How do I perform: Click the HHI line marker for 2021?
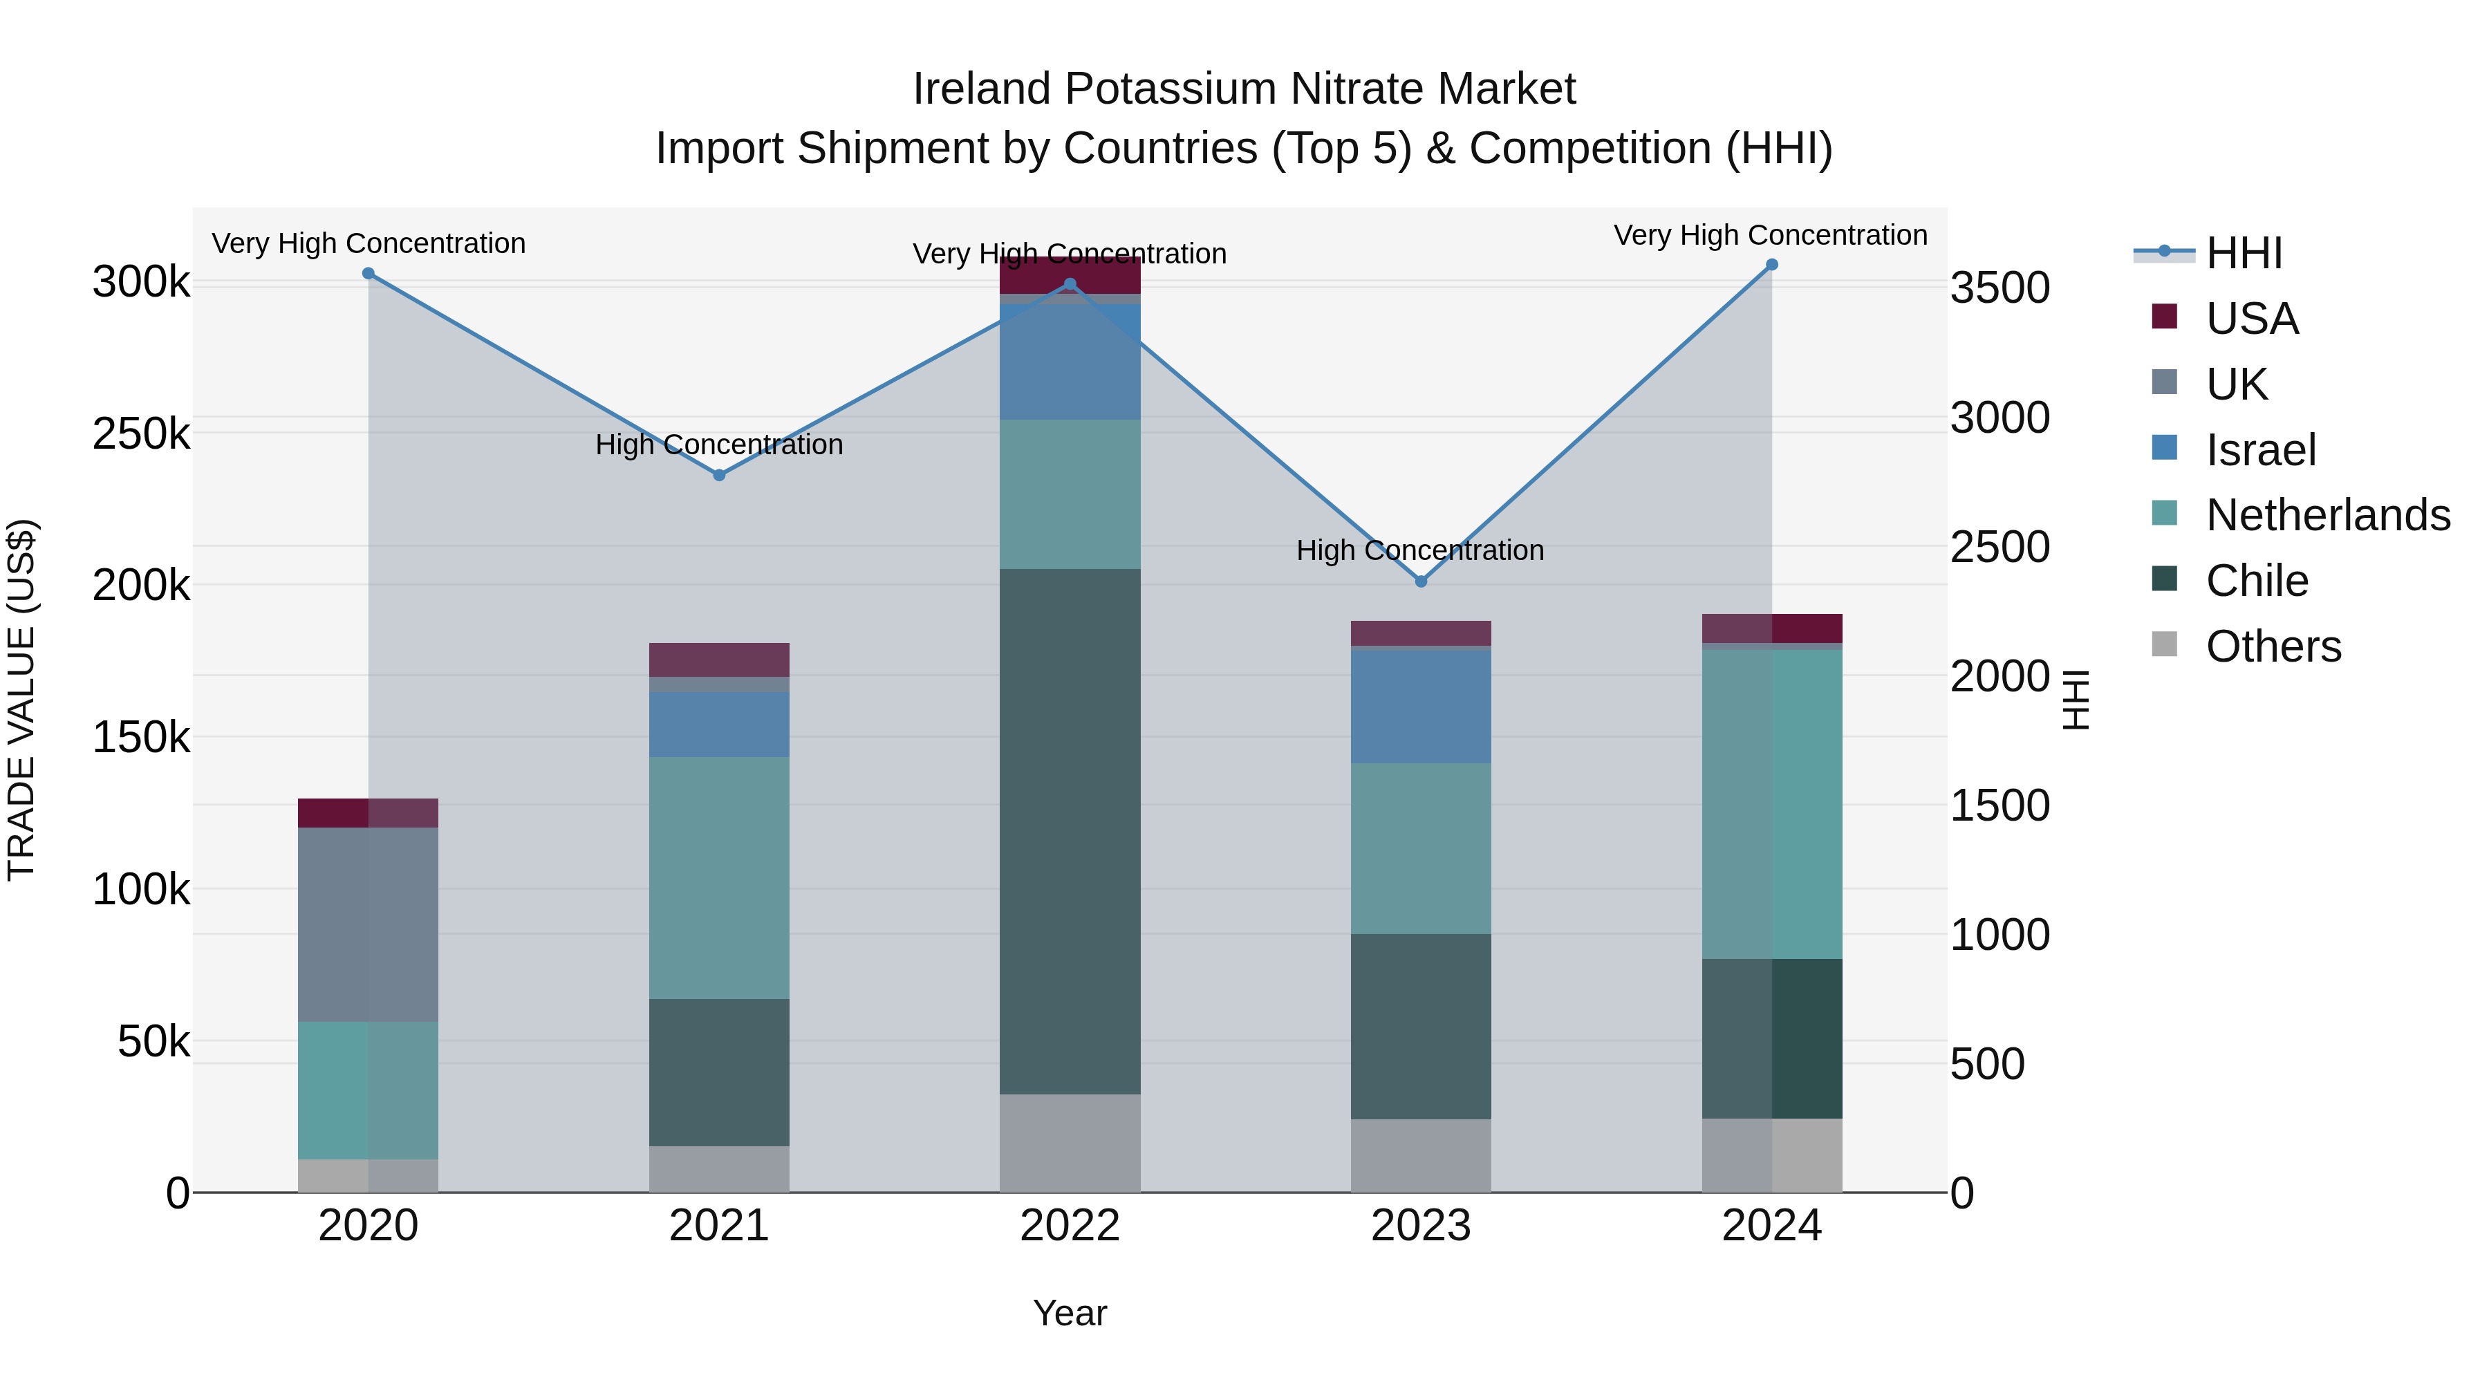tap(719, 476)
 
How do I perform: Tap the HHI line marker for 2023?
tap(1420, 581)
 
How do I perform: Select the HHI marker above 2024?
tap(1771, 265)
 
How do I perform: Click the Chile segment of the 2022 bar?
tap(1070, 831)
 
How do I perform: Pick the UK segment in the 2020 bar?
tap(368, 924)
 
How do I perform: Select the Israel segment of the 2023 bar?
tap(1420, 707)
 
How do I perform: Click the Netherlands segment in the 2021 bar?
tap(719, 877)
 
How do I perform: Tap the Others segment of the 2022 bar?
tap(1070, 1143)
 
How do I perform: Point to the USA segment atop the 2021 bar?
tap(719, 660)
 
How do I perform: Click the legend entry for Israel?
tap(2260, 450)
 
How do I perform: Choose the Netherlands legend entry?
tap(2327, 516)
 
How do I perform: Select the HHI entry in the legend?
tap(2244, 253)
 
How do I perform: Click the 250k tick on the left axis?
tap(141, 433)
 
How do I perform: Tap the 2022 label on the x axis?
tap(1070, 1226)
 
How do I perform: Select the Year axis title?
tap(1070, 1313)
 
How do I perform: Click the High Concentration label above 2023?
tap(1420, 551)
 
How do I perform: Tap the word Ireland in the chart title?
tap(982, 89)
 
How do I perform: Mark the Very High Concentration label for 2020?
tap(368, 243)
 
